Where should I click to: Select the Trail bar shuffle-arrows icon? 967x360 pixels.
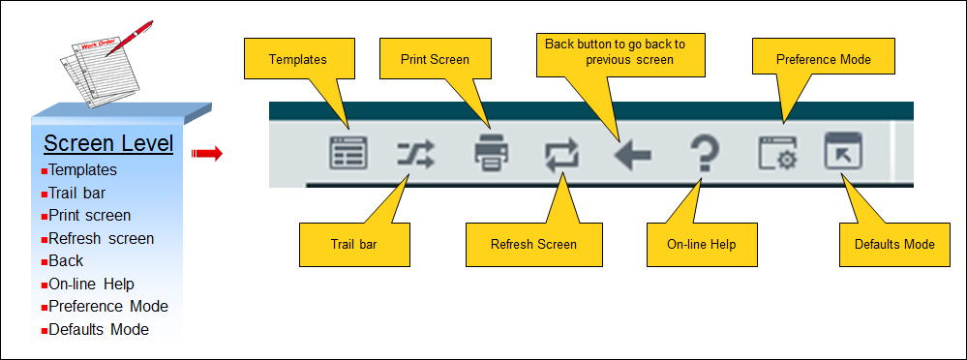tap(416, 154)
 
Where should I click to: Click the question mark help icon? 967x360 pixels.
tap(703, 154)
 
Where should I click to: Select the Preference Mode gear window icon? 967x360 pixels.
tap(777, 154)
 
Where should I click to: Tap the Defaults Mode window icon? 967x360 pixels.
tap(842, 154)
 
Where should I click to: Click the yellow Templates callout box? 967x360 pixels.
tap(297, 59)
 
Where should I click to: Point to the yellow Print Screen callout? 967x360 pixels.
tap(436, 59)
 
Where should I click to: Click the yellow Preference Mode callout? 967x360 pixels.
tap(824, 59)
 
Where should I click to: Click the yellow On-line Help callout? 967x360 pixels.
tap(701, 244)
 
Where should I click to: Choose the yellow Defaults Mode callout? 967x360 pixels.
tap(893, 244)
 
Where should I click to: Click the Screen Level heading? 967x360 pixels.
tap(108, 144)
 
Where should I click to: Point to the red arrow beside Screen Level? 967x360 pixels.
tap(207, 153)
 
